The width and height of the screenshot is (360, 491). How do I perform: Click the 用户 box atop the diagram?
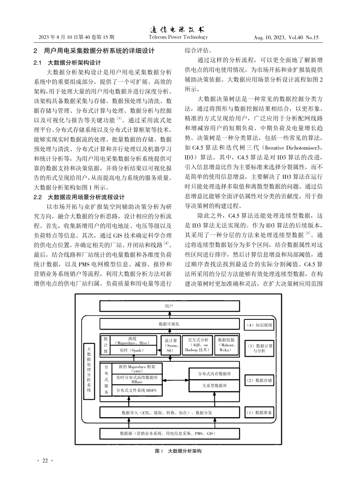169,305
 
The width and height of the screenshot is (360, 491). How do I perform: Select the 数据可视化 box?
169,324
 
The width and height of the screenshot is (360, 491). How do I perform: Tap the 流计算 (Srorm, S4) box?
171,345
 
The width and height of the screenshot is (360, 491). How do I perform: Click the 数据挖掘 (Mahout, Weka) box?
227,345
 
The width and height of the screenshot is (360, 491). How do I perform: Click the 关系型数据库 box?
214,386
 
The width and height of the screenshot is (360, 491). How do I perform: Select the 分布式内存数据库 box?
214,374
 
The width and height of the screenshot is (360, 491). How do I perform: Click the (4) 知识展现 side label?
259,325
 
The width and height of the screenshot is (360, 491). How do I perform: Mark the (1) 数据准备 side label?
259,412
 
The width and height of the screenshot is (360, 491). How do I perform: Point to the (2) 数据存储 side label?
259,380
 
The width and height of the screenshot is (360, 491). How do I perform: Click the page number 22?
45,461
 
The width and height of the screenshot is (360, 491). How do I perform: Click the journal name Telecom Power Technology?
178,37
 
